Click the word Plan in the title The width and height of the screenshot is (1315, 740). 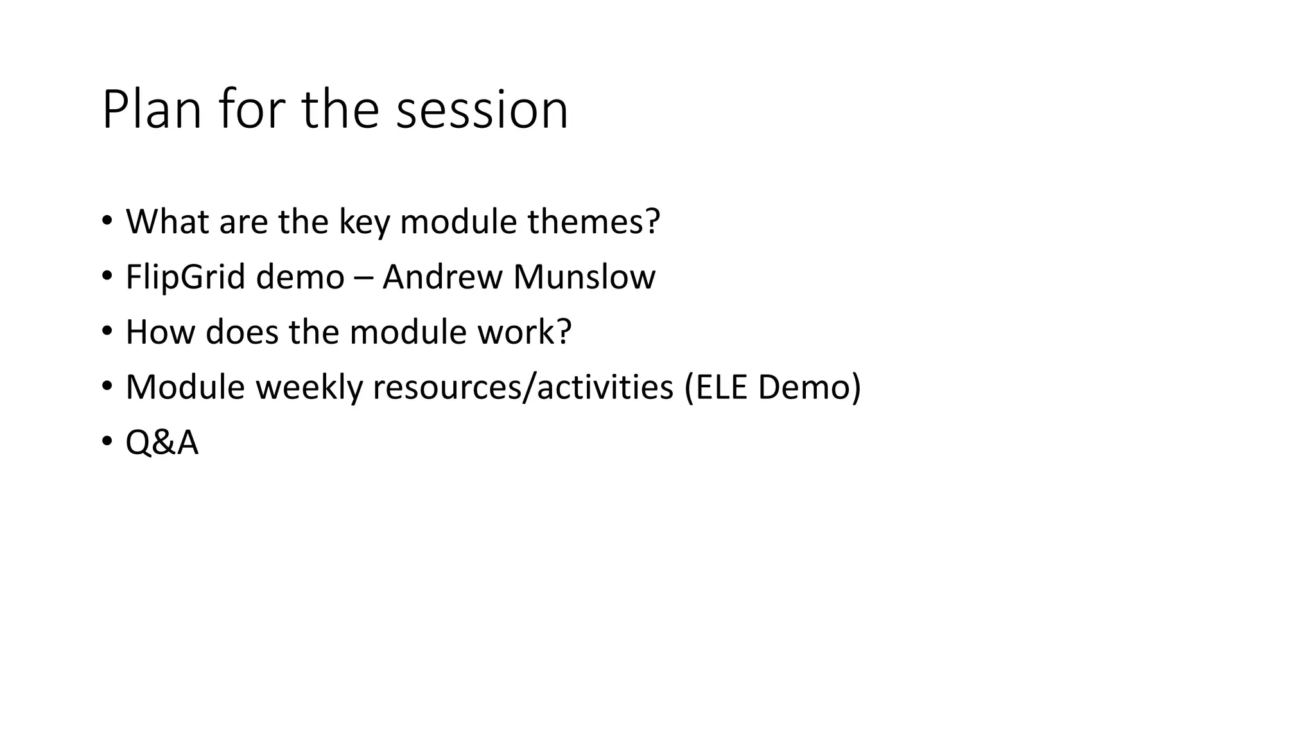pos(152,110)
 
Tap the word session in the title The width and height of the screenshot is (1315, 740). pos(482,110)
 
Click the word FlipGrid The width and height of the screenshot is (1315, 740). pos(186,277)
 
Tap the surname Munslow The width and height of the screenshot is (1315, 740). pos(584,277)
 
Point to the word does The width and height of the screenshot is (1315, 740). pos(242,333)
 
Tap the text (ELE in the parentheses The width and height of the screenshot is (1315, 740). pos(716,388)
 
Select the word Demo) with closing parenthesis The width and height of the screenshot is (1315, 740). pos(809,388)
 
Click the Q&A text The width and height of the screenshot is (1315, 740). pos(162,443)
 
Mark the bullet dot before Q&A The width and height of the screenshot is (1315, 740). pos(106,442)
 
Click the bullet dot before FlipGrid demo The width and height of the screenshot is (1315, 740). pos(106,276)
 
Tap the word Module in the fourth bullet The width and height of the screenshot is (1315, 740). pos(186,388)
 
